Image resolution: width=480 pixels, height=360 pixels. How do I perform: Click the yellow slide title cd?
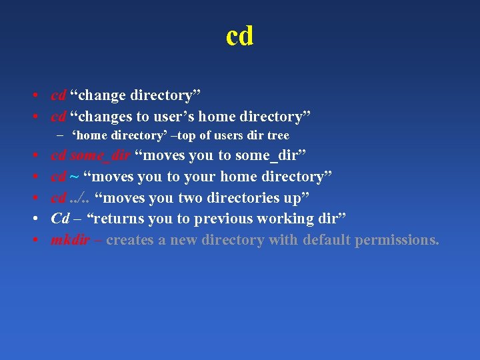239,36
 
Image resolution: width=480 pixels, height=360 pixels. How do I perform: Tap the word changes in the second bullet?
106,117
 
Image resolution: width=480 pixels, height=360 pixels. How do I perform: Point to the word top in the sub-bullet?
189,135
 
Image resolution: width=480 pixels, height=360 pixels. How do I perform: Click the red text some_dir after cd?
100,156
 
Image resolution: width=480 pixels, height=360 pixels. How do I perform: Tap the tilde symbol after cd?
75,177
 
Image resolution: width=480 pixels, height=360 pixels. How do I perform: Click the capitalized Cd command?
60,219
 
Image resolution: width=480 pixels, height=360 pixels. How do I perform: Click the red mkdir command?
70,240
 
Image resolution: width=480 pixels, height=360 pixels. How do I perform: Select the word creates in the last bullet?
129,240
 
